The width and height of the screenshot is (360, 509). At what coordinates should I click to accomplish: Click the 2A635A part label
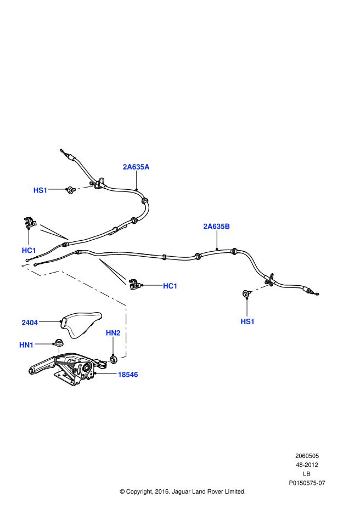pyautogui.click(x=136, y=167)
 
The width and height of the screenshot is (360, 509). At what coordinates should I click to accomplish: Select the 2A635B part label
pyautogui.click(x=216, y=226)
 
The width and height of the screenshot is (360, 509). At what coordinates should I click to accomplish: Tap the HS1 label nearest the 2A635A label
pyautogui.click(x=40, y=190)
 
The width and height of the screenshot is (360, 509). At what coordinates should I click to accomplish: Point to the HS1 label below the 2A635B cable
pyautogui.click(x=248, y=321)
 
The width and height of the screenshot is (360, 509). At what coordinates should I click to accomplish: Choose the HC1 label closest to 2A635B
pyautogui.click(x=170, y=286)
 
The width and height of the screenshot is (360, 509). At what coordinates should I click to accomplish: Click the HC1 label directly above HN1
pyautogui.click(x=29, y=250)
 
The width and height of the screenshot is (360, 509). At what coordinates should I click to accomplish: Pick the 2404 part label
pyautogui.click(x=30, y=323)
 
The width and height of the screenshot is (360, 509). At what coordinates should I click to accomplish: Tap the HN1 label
pyautogui.click(x=26, y=344)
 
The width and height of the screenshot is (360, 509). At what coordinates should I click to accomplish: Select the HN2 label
pyautogui.click(x=113, y=333)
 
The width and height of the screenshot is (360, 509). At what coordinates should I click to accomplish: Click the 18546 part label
pyautogui.click(x=127, y=375)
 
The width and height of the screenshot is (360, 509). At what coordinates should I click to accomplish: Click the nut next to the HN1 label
pyautogui.click(x=58, y=343)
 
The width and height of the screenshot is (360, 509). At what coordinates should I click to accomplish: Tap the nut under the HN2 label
pyautogui.click(x=114, y=359)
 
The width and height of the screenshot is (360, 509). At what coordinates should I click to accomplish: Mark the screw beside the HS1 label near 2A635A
pyautogui.click(x=70, y=190)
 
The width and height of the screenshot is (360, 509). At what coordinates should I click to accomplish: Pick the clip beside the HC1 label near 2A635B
pyautogui.click(x=133, y=284)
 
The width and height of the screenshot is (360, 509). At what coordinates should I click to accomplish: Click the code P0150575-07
pyautogui.click(x=307, y=483)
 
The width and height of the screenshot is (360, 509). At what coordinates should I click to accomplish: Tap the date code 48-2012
pyautogui.click(x=307, y=465)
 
